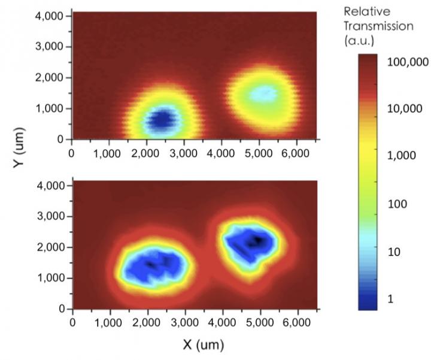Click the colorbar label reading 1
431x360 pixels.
pyautogui.click(x=391, y=299)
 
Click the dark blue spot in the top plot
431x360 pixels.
pyautogui.click(x=160, y=119)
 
